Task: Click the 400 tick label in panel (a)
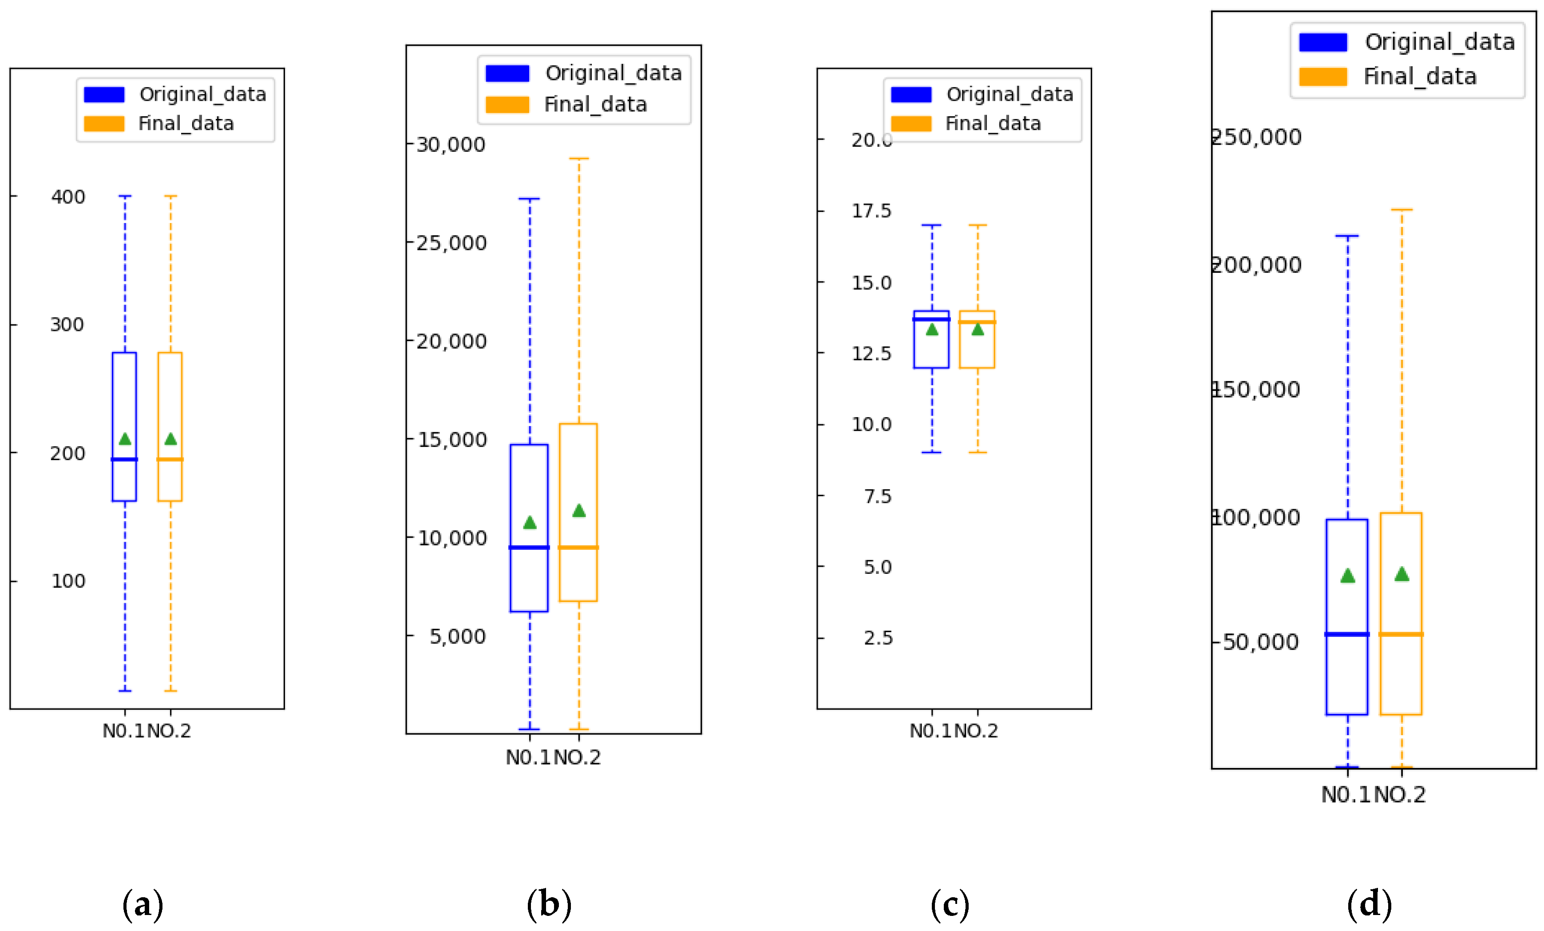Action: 67,197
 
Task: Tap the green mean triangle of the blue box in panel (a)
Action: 125,439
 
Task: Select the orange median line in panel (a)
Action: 170,460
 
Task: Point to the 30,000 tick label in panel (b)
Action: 451,145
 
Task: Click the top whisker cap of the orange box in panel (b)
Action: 578,159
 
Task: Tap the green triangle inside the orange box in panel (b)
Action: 578,511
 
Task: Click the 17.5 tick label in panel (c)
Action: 871,211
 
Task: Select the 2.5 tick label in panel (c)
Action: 877,638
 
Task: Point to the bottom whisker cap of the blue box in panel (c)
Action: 931,452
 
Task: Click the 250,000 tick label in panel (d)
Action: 1256,137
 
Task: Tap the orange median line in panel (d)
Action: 1401,634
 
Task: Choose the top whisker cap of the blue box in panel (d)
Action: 1347,236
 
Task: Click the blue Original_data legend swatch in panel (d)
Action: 1323,43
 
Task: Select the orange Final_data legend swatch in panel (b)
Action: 507,105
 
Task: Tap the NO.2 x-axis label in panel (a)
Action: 169,731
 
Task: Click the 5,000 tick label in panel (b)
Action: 457,637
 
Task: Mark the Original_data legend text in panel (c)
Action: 1010,94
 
